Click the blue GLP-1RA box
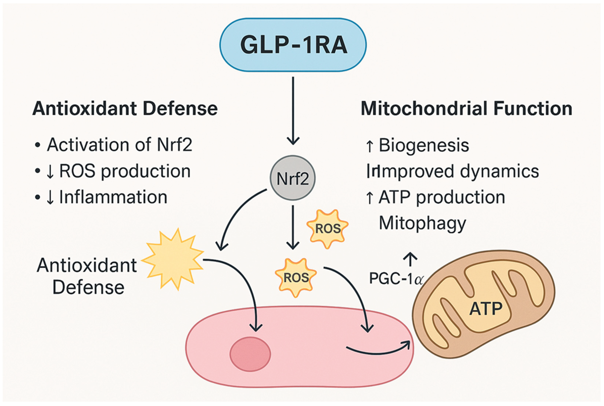click(293, 45)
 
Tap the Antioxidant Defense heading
click(125, 109)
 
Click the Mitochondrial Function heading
click(466, 109)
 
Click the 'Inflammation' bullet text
click(113, 197)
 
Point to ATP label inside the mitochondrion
click(486, 309)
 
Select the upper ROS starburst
click(327, 229)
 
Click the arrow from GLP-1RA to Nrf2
click(293, 111)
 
